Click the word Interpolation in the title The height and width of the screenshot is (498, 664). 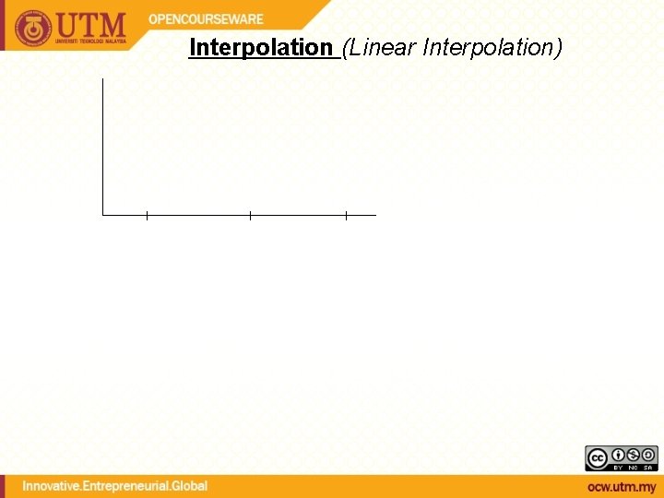[260, 47]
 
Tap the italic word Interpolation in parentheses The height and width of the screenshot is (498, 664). [488, 47]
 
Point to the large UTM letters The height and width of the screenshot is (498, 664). [93, 23]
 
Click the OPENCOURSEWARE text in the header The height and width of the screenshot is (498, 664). [206, 18]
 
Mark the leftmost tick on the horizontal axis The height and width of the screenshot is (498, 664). [147, 216]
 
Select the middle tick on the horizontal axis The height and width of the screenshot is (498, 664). [250, 216]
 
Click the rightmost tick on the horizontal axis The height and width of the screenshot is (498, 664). [346, 216]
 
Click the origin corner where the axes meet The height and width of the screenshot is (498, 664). [103, 215]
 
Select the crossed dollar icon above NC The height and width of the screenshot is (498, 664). [633, 455]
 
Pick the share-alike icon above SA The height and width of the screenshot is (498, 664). [648, 455]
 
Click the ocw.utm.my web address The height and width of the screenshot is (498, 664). [622, 487]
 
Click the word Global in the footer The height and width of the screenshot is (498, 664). [190, 486]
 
